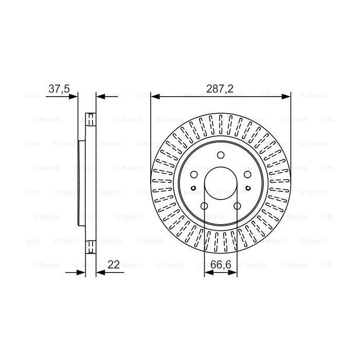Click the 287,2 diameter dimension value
pyautogui.click(x=220, y=88)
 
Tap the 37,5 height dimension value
pyautogui.click(x=59, y=88)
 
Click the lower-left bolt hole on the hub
pyautogui.click(x=204, y=206)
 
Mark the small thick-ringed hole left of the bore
pyautogui.click(x=193, y=187)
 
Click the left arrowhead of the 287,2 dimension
pyautogui.click(x=154, y=96)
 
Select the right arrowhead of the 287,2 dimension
pyautogui.click(x=287, y=96)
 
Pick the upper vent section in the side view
pyautogui.click(x=91, y=119)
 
